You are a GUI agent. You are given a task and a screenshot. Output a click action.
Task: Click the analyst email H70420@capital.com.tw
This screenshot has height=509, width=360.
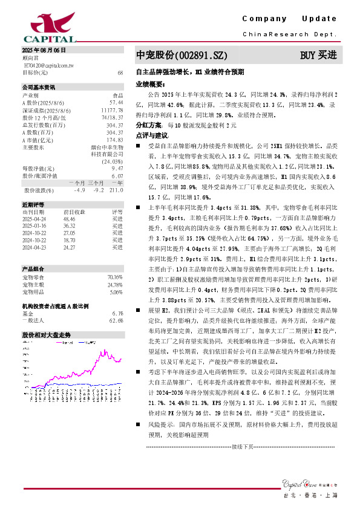(48, 64)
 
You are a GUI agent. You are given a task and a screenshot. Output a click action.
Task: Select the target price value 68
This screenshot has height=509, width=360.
(120, 73)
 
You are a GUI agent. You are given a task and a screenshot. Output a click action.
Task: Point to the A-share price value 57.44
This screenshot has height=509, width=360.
(117, 102)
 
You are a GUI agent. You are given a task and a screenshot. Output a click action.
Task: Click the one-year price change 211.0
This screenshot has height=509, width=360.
(117, 190)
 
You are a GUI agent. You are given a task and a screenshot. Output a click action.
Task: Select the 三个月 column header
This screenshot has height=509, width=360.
(96, 183)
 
